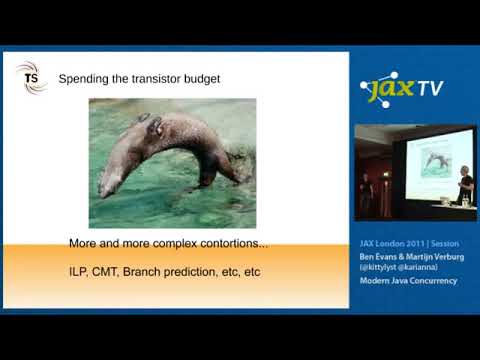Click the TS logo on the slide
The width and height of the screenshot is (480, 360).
(31, 77)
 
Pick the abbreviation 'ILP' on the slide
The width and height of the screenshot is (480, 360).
(79, 271)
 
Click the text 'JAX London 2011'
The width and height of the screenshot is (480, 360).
(384, 243)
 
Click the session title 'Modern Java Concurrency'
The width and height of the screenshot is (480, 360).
(404, 282)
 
